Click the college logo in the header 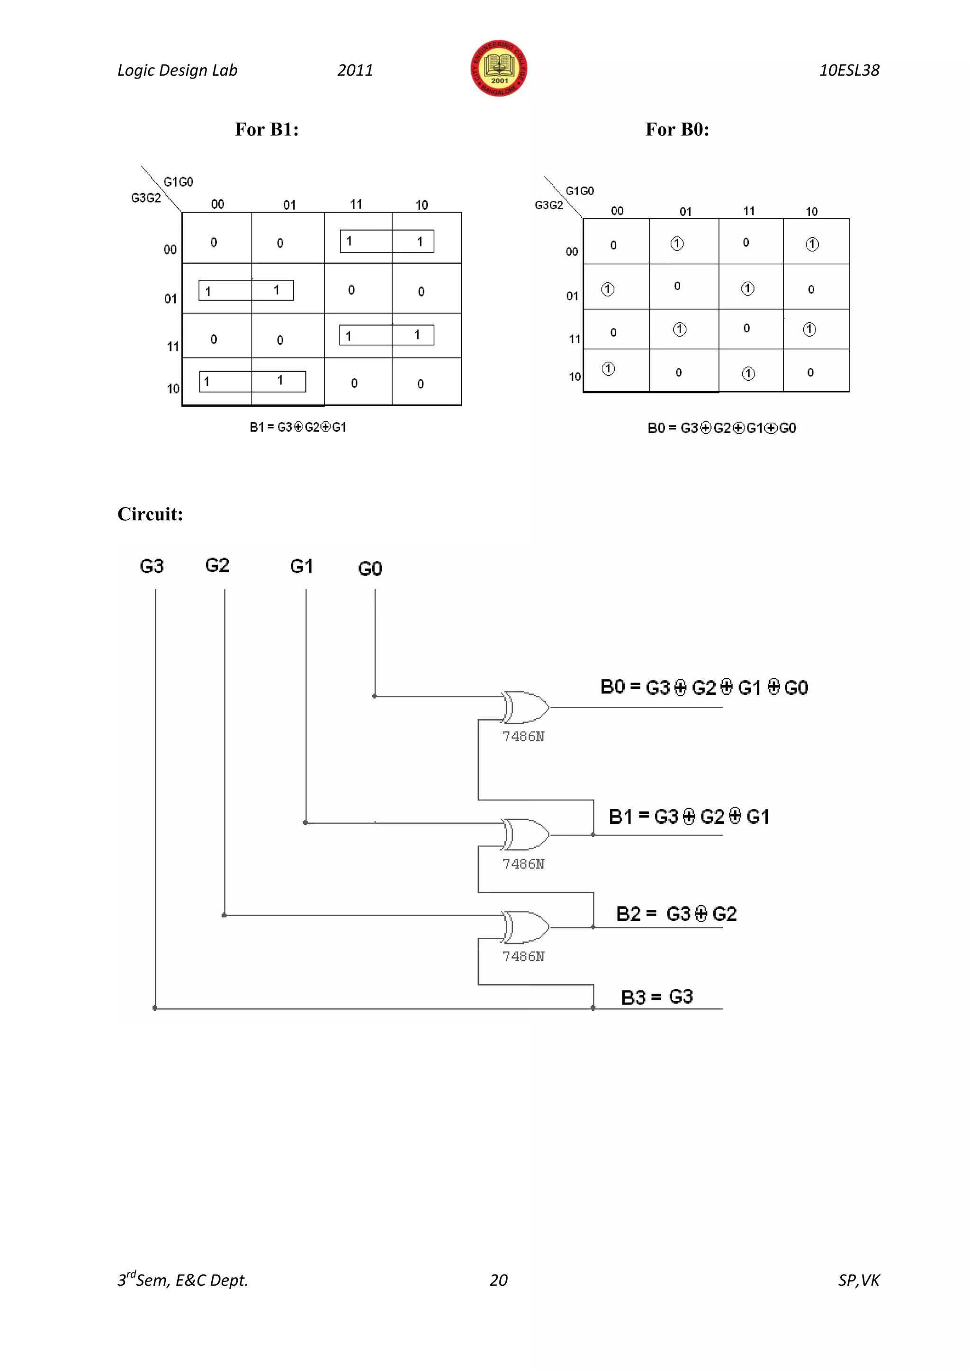click(499, 69)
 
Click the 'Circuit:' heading click(150, 514)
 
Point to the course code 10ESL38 click(849, 71)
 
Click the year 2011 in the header click(355, 71)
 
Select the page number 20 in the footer click(498, 1280)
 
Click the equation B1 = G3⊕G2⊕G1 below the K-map click(297, 427)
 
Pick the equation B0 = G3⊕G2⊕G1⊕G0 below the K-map click(721, 428)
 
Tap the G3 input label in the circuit click(152, 566)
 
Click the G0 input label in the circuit click(370, 569)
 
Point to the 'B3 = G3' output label click(656, 997)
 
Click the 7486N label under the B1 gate click(523, 864)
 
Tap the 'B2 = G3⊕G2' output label click(676, 914)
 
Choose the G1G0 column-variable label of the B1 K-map click(178, 181)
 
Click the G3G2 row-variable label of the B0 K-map click(548, 205)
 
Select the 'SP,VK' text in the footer click(858, 1280)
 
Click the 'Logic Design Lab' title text click(178, 71)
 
